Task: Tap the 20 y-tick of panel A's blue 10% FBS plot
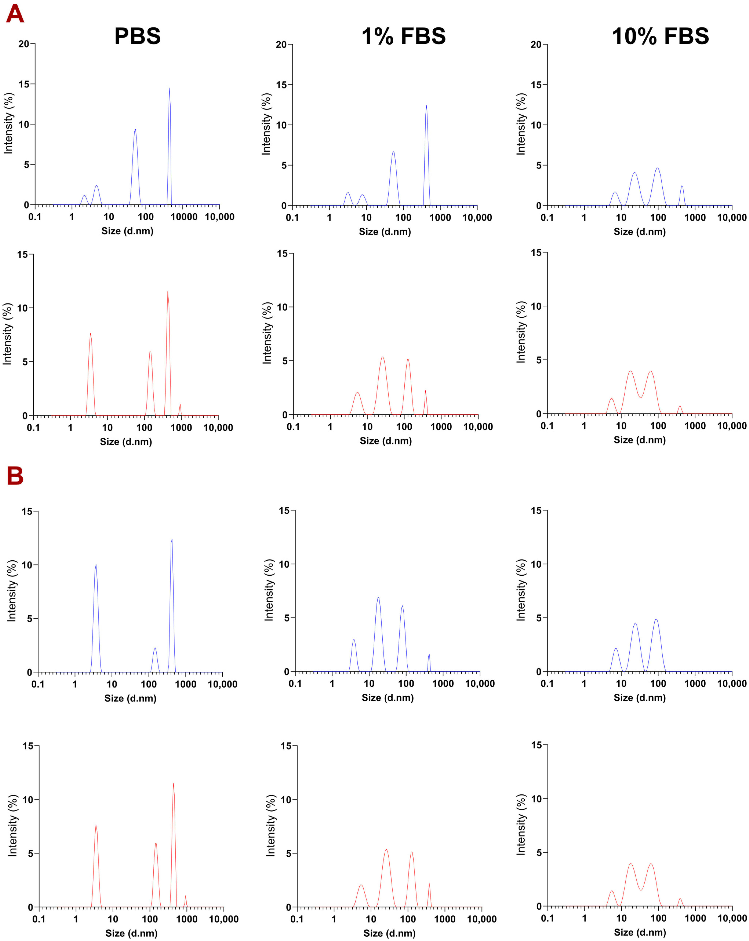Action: (x=536, y=45)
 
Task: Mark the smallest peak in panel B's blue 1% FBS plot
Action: (x=429, y=656)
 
